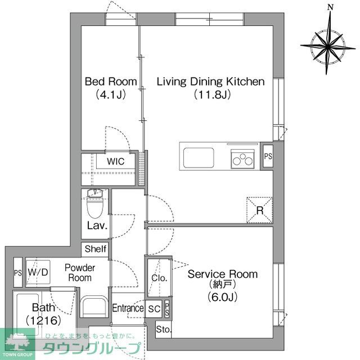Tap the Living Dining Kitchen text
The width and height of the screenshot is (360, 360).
[x=210, y=82]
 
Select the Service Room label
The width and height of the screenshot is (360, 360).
[x=223, y=274]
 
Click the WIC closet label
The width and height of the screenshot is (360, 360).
[x=116, y=161]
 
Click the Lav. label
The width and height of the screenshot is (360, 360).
[x=98, y=227]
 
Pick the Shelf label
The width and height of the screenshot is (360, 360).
[x=95, y=249]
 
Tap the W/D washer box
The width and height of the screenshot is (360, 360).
[x=38, y=272]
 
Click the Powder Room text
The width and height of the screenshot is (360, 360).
[x=79, y=273]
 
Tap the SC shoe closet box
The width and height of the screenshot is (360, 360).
[x=154, y=308]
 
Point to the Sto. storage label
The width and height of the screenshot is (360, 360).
[x=163, y=329]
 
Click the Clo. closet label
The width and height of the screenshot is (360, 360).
[x=158, y=277]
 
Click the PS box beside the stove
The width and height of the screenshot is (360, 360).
[x=268, y=156]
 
